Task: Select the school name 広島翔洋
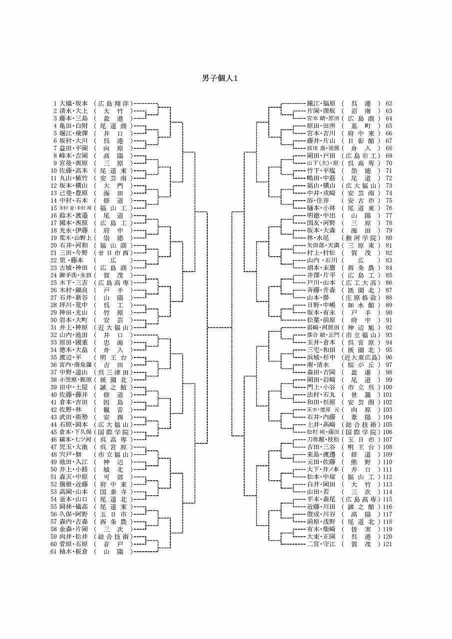113,103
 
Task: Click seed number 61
53,552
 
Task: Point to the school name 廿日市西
113,253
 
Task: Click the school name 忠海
113,342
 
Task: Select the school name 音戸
113,544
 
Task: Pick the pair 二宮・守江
322,544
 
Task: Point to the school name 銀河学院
361,238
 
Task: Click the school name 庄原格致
361,298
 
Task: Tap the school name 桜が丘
361,365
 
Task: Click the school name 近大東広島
361,357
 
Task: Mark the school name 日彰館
361,141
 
